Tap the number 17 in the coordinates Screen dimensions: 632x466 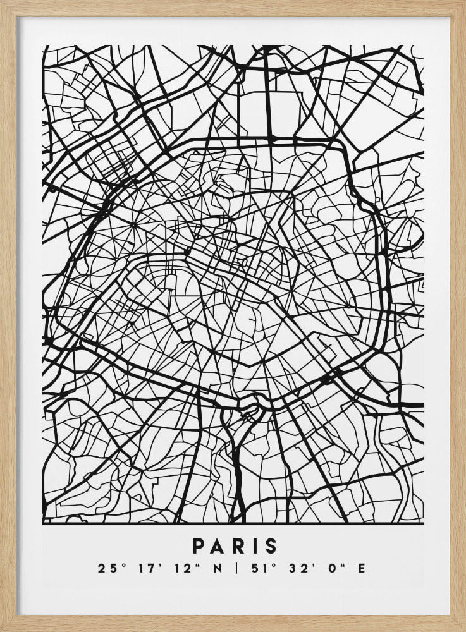[140, 568]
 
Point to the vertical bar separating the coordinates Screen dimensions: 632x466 [236, 568]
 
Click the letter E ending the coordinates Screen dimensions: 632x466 [361, 568]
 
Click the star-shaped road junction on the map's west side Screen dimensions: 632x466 [133, 224]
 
